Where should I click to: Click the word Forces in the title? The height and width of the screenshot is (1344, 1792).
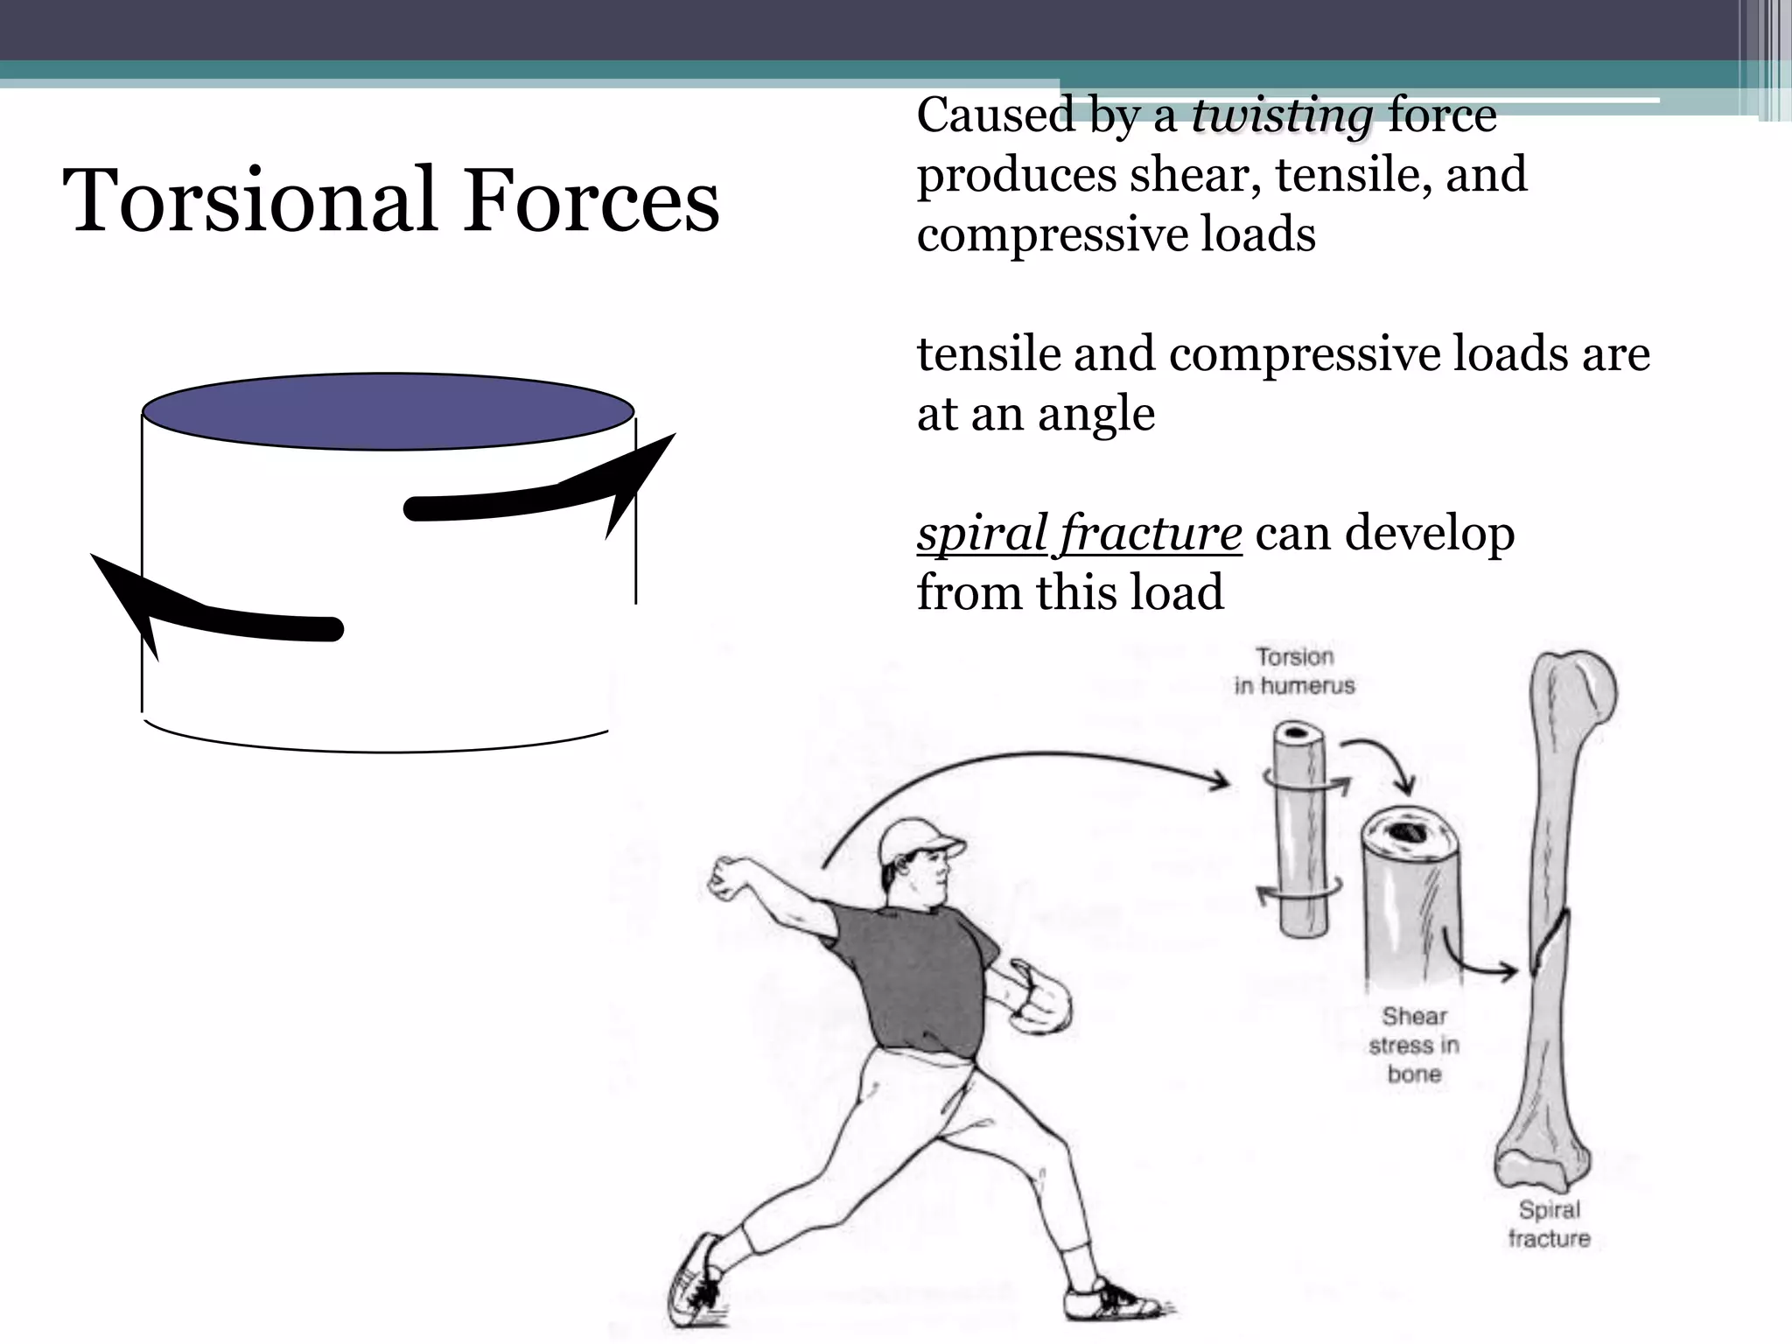pos(591,200)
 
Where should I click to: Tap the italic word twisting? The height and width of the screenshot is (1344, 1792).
pos(1282,116)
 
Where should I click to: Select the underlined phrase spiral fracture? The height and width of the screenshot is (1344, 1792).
pos(1079,533)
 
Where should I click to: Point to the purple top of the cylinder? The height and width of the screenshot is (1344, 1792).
pos(388,411)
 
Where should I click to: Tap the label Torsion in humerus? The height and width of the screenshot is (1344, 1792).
pos(1294,671)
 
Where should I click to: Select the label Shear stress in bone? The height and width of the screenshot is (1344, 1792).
pos(1414,1045)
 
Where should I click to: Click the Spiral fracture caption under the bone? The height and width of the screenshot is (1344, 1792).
pos(1549,1223)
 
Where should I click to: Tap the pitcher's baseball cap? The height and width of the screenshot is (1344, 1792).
pos(919,841)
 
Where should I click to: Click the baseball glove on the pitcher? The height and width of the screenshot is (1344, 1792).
pos(1041,997)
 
